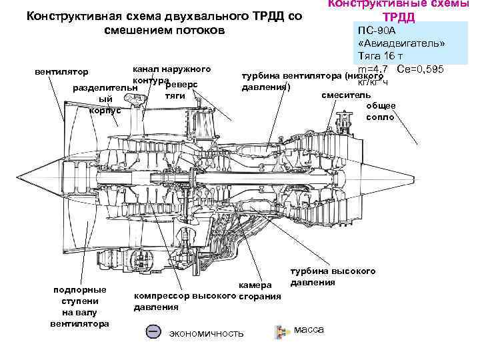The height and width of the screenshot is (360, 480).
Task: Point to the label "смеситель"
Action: click(x=341, y=95)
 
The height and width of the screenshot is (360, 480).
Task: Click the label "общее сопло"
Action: click(x=381, y=111)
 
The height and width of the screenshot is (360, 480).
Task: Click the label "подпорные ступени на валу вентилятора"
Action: click(x=80, y=307)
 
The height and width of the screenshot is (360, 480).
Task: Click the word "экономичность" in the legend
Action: click(x=206, y=333)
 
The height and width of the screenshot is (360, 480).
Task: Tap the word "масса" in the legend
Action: click(x=309, y=330)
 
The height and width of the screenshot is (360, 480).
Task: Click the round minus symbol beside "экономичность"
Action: click(x=153, y=331)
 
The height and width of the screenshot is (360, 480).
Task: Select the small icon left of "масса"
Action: click(x=279, y=330)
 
